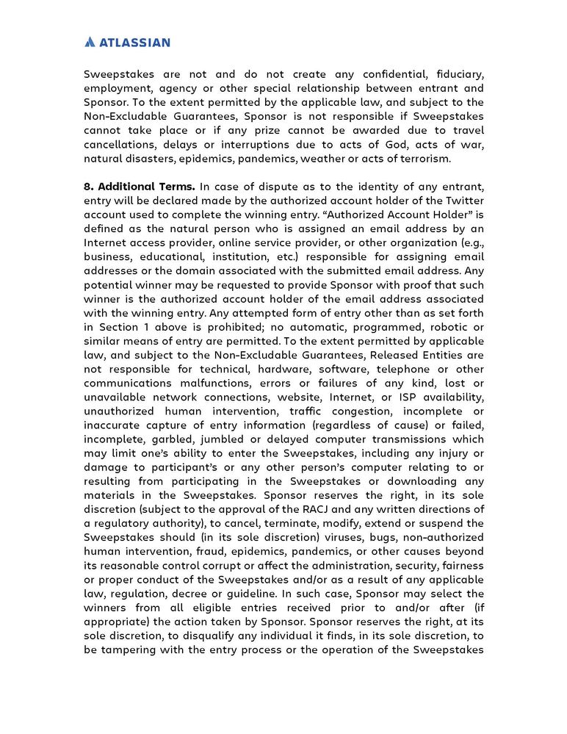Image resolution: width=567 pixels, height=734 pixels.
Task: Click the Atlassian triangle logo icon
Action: pyautogui.click(x=90, y=42)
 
